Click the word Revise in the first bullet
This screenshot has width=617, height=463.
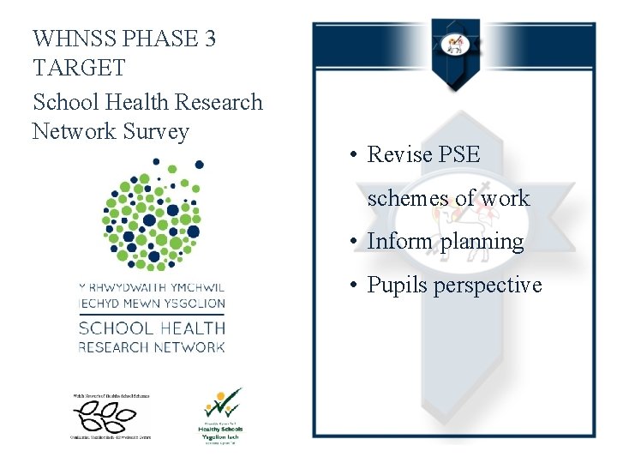(399, 154)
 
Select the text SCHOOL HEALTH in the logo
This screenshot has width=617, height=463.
(152, 328)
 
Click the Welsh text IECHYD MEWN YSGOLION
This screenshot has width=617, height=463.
(152, 303)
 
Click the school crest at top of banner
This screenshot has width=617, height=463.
(454, 46)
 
